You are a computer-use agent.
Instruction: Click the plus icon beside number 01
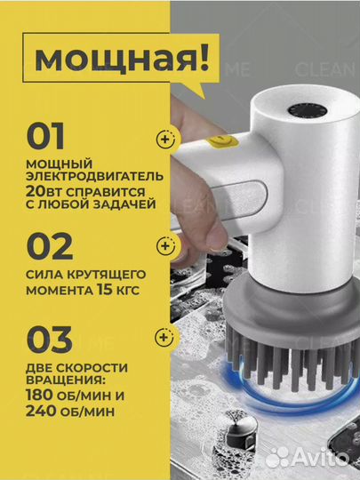(x=163, y=139)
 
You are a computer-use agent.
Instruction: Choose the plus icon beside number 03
(x=163, y=337)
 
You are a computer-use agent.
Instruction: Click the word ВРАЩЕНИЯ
(x=62, y=380)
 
